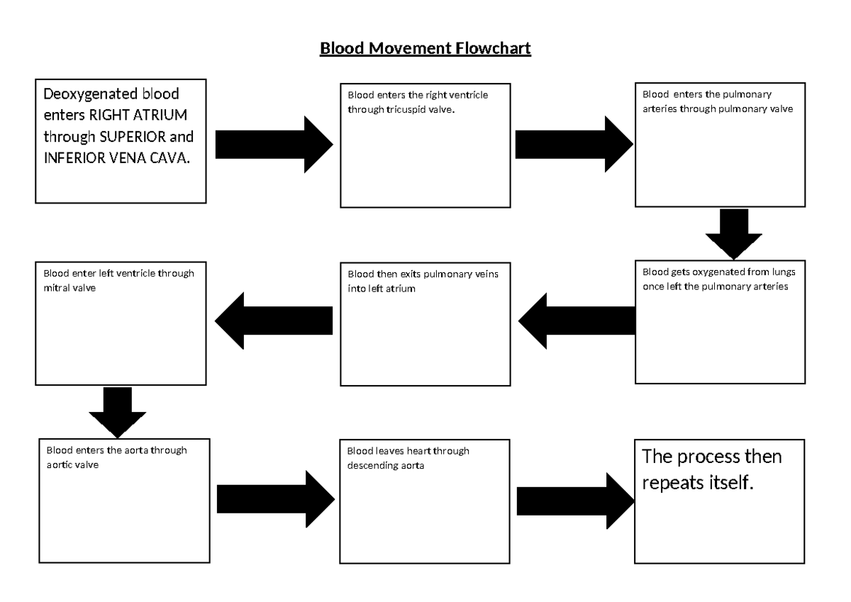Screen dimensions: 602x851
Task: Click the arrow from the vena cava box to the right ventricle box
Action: pos(273,145)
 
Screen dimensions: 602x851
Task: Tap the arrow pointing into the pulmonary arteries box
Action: pos(574,145)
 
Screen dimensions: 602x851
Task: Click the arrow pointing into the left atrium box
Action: pos(577,321)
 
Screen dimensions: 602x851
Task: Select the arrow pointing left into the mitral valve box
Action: pos(274,320)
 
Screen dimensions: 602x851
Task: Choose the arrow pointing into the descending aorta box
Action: pos(274,498)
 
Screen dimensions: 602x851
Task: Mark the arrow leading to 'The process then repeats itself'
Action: pos(575,501)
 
